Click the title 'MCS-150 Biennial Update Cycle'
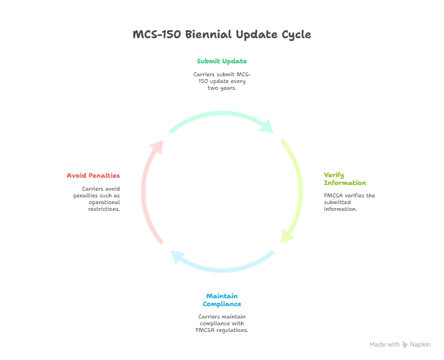[222, 35]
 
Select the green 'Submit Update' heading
[222, 61]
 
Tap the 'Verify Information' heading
[345, 179]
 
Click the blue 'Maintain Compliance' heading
[222, 300]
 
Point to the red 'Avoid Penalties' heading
[94, 176]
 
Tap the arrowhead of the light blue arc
[177, 257]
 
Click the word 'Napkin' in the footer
[420, 344]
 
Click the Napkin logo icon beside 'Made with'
[405, 344]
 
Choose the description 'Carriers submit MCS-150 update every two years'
[222, 81]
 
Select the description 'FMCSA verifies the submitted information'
[349, 202]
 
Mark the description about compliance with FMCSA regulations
[222, 323]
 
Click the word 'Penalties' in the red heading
[104, 176]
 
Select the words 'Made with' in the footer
[385, 344]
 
